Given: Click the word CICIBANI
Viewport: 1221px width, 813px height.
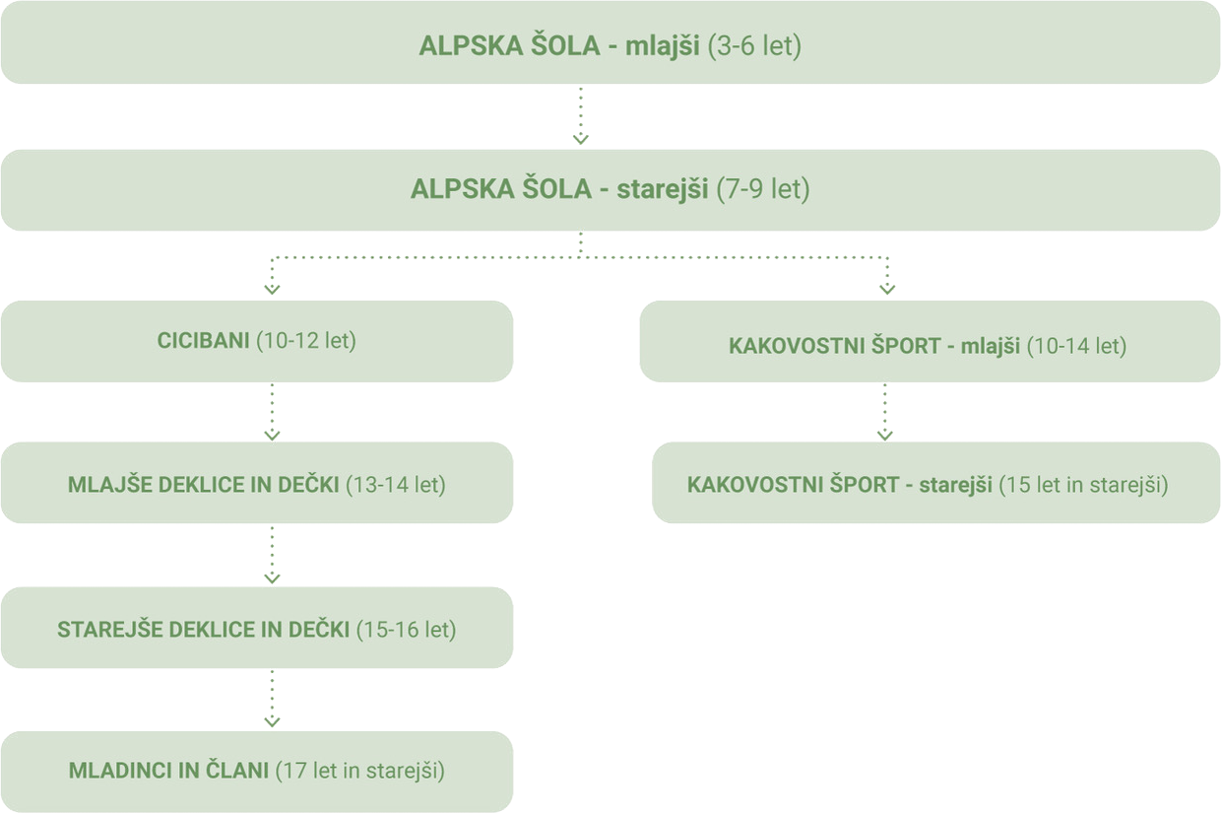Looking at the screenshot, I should point(203,341).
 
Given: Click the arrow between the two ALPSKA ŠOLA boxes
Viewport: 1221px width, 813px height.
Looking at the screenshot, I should point(581,116).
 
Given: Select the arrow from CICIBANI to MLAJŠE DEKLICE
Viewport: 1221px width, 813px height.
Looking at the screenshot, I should point(273,412).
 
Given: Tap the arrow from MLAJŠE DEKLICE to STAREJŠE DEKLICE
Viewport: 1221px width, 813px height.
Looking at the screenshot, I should point(273,555).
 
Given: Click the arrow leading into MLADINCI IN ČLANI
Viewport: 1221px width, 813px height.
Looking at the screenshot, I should point(273,700).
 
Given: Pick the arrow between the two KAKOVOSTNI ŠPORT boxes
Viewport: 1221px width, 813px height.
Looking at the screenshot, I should point(884,412).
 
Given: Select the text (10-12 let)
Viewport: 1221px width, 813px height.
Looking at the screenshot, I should point(305,341).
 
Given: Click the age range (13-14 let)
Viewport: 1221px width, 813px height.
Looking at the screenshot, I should point(396,485).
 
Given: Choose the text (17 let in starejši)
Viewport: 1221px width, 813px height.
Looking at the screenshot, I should point(360,771).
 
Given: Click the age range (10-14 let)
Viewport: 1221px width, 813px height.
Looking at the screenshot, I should point(1076,346).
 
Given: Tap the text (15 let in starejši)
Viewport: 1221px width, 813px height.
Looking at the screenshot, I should point(1083,485).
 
